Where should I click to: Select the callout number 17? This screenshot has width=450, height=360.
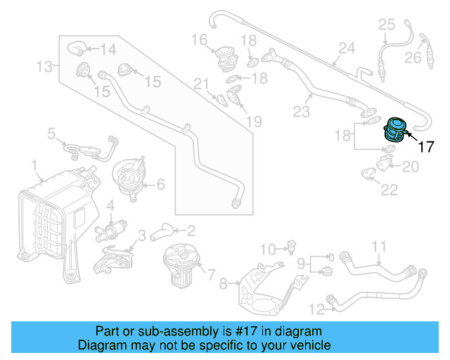(x=427, y=147)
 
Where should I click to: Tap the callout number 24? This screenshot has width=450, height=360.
(x=346, y=49)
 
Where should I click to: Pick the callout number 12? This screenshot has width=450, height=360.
(x=316, y=307)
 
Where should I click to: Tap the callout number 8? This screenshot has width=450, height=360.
(x=224, y=284)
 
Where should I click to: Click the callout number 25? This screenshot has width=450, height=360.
(x=387, y=25)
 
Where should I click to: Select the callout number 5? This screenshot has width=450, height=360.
(x=51, y=132)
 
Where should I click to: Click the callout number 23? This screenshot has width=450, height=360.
(x=301, y=111)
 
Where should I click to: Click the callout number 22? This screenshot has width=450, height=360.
(x=388, y=190)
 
